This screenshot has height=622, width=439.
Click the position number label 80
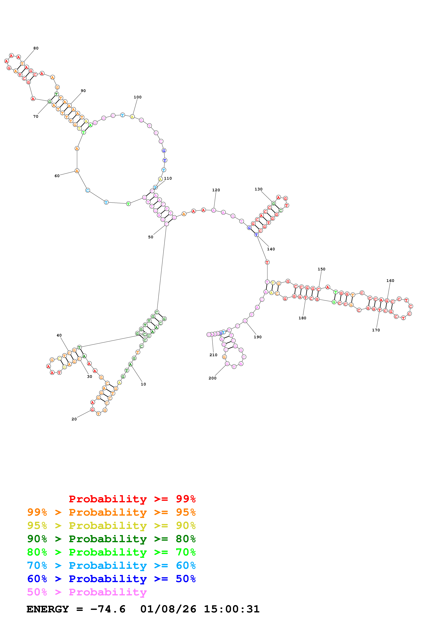(36, 48)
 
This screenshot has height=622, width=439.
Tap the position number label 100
(137, 97)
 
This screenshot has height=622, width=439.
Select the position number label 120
(216, 190)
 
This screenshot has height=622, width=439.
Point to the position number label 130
(258, 189)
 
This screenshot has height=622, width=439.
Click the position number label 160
(390, 281)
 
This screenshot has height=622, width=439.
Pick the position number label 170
(376, 330)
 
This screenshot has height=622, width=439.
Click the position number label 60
(57, 176)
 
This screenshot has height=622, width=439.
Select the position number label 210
(213, 355)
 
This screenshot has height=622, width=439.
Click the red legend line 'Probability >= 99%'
(132, 499)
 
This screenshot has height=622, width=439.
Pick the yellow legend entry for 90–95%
(111, 525)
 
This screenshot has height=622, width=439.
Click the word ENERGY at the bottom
(48, 609)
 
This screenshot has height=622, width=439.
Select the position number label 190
(257, 337)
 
